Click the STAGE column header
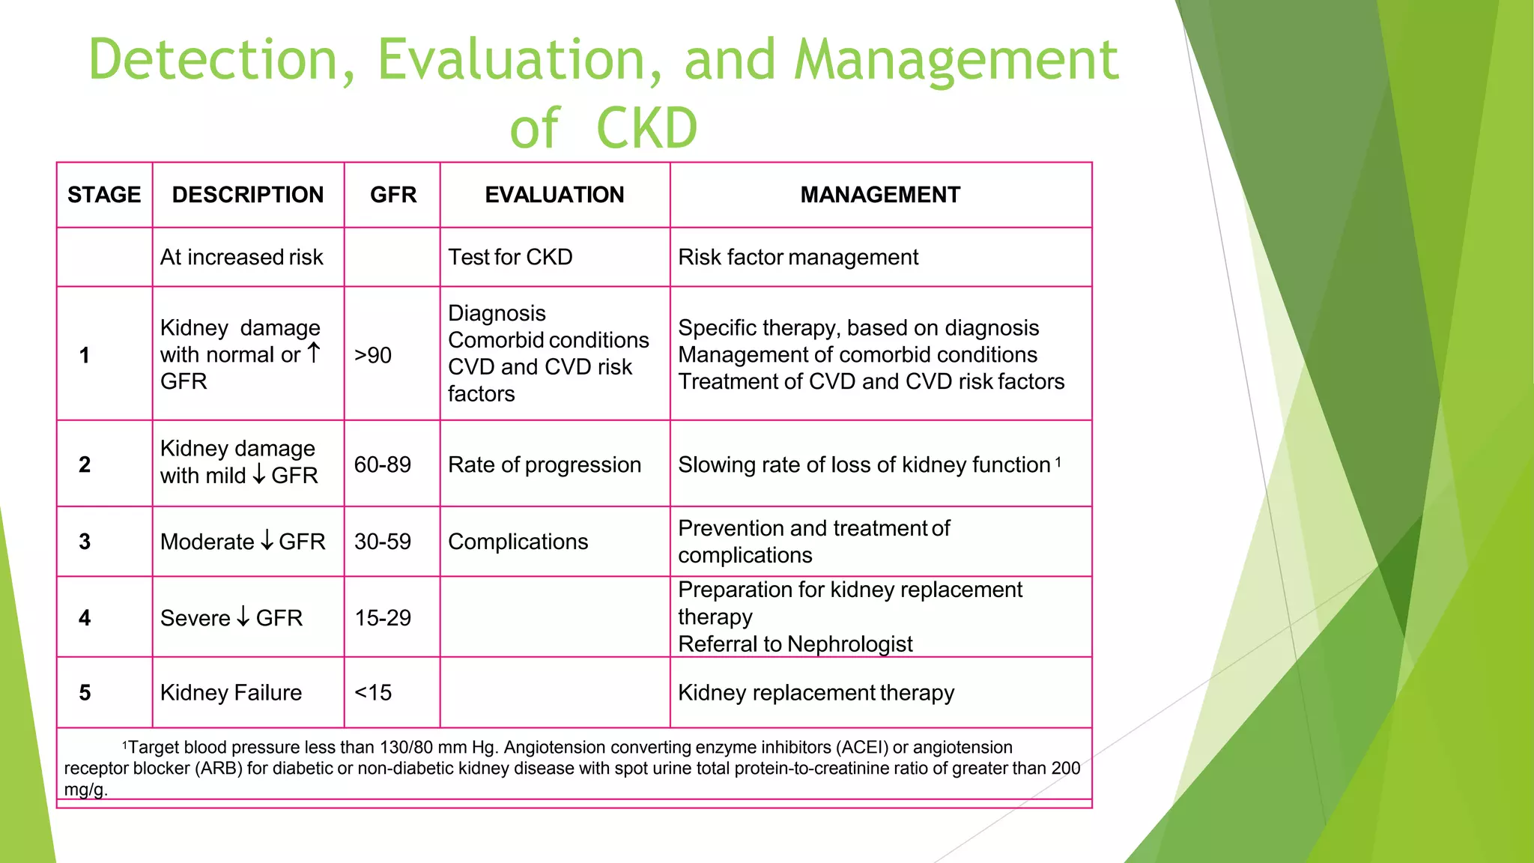click(x=104, y=195)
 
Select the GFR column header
click(x=392, y=195)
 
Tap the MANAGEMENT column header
click(x=880, y=195)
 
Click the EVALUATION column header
click(x=554, y=195)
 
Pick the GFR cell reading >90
click(x=373, y=355)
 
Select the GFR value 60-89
click(x=382, y=464)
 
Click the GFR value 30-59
click(x=382, y=542)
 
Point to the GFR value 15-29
click(x=382, y=618)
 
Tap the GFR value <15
click(x=373, y=693)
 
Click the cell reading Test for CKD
click(x=510, y=257)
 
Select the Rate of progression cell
click(x=545, y=464)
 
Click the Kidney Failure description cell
click(x=231, y=693)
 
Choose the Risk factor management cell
click(x=798, y=257)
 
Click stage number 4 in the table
click(x=85, y=618)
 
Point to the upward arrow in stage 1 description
click(x=314, y=353)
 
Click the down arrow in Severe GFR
click(x=243, y=617)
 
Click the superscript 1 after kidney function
click(x=1058, y=462)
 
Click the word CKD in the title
click(x=647, y=128)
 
